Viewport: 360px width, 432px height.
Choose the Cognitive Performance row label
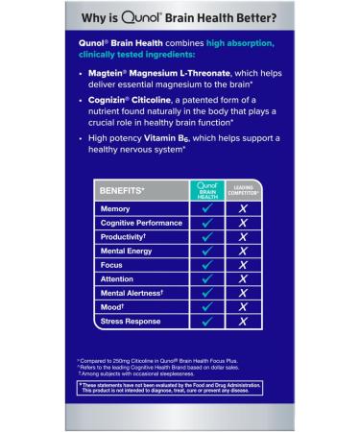(x=140, y=223)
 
